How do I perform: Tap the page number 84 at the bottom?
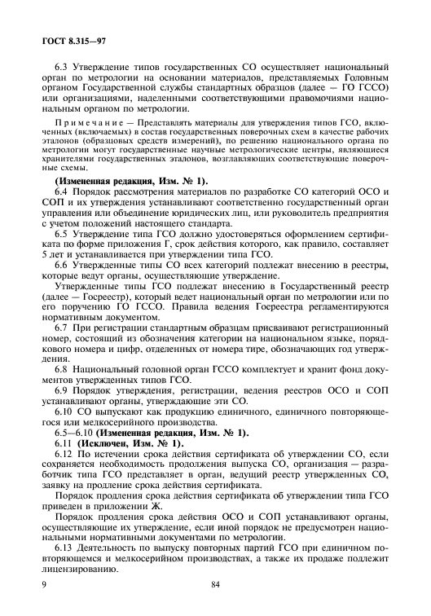(x=215, y=583)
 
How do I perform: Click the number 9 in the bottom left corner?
(x=33, y=583)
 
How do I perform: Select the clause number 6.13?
(x=63, y=549)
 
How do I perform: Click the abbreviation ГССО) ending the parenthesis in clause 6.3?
(x=372, y=86)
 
